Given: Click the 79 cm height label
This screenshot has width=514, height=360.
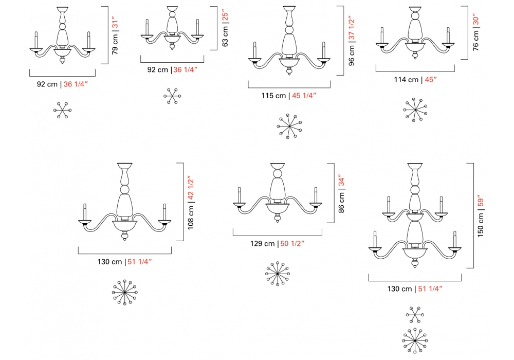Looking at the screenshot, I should (115, 44).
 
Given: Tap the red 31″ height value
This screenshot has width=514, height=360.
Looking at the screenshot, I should (115, 22).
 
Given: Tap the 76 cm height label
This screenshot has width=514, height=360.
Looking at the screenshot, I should (476, 40).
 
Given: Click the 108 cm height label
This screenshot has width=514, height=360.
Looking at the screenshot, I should (191, 217).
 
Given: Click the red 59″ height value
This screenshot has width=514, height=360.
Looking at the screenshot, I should (481, 201).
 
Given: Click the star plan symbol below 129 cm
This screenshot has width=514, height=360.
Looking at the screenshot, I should (278, 273).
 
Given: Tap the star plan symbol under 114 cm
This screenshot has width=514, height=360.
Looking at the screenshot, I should (415, 110).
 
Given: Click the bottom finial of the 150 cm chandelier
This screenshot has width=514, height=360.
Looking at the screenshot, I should (415, 264).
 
